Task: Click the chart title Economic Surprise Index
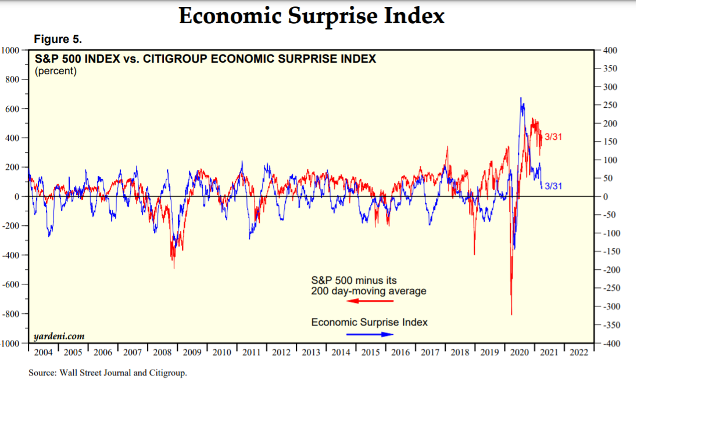pyautogui.click(x=311, y=16)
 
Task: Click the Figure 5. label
pyautogui.click(x=58, y=39)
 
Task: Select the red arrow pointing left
pyautogui.click(x=370, y=301)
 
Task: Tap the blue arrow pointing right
pyautogui.click(x=370, y=334)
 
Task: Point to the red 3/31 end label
pyautogui.click(x=553, y=137)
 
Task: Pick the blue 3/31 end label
pyautogui.click(x=553, y=186)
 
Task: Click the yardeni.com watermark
pyautogui.click(x=59, y=336)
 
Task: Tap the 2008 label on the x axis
pyautogui.click(x=162, y=352)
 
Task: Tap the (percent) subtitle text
pyautogui.click(x=56, y=71)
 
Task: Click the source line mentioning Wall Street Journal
pyautogui.click(x=108, y=373)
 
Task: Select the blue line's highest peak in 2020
pyautogui.click(x=521, y=98)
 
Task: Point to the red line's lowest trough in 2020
pyautogui.click(x=511, y=314)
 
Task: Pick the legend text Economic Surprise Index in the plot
pyautogui.click(x=370, y=322)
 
